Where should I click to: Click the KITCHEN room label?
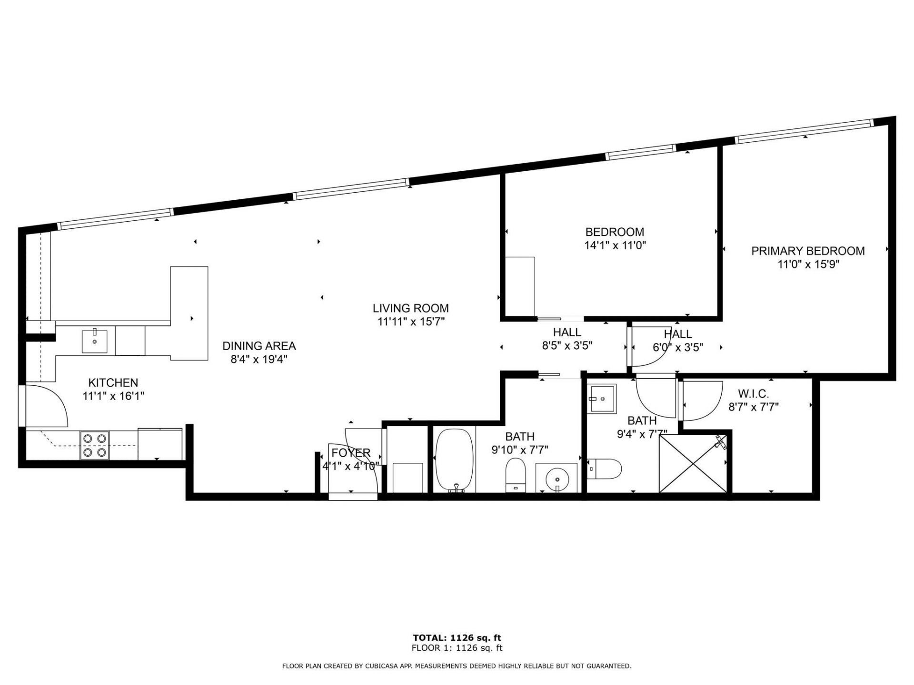(x=113, y=382)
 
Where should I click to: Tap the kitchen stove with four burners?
(x=95, y=445)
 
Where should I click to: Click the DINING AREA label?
(x=259, y=346)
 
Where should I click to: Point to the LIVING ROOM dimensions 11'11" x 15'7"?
(x=410, y=322)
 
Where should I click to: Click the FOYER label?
(x=351, y=452)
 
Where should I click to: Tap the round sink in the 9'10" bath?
(x=556, y=477)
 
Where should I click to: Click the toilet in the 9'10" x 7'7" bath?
(x=515, y=475)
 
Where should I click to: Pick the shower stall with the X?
(x=693, y=462)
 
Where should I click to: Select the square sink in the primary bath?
(x=602, y=398)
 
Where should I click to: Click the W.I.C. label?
(x=753, y=394)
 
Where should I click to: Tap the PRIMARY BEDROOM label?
(x=808, y=251)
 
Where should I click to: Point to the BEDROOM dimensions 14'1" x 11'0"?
(x=615, y=245)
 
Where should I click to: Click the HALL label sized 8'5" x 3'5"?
(x=567, y=332)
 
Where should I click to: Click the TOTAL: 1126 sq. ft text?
(x=457, y=638)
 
